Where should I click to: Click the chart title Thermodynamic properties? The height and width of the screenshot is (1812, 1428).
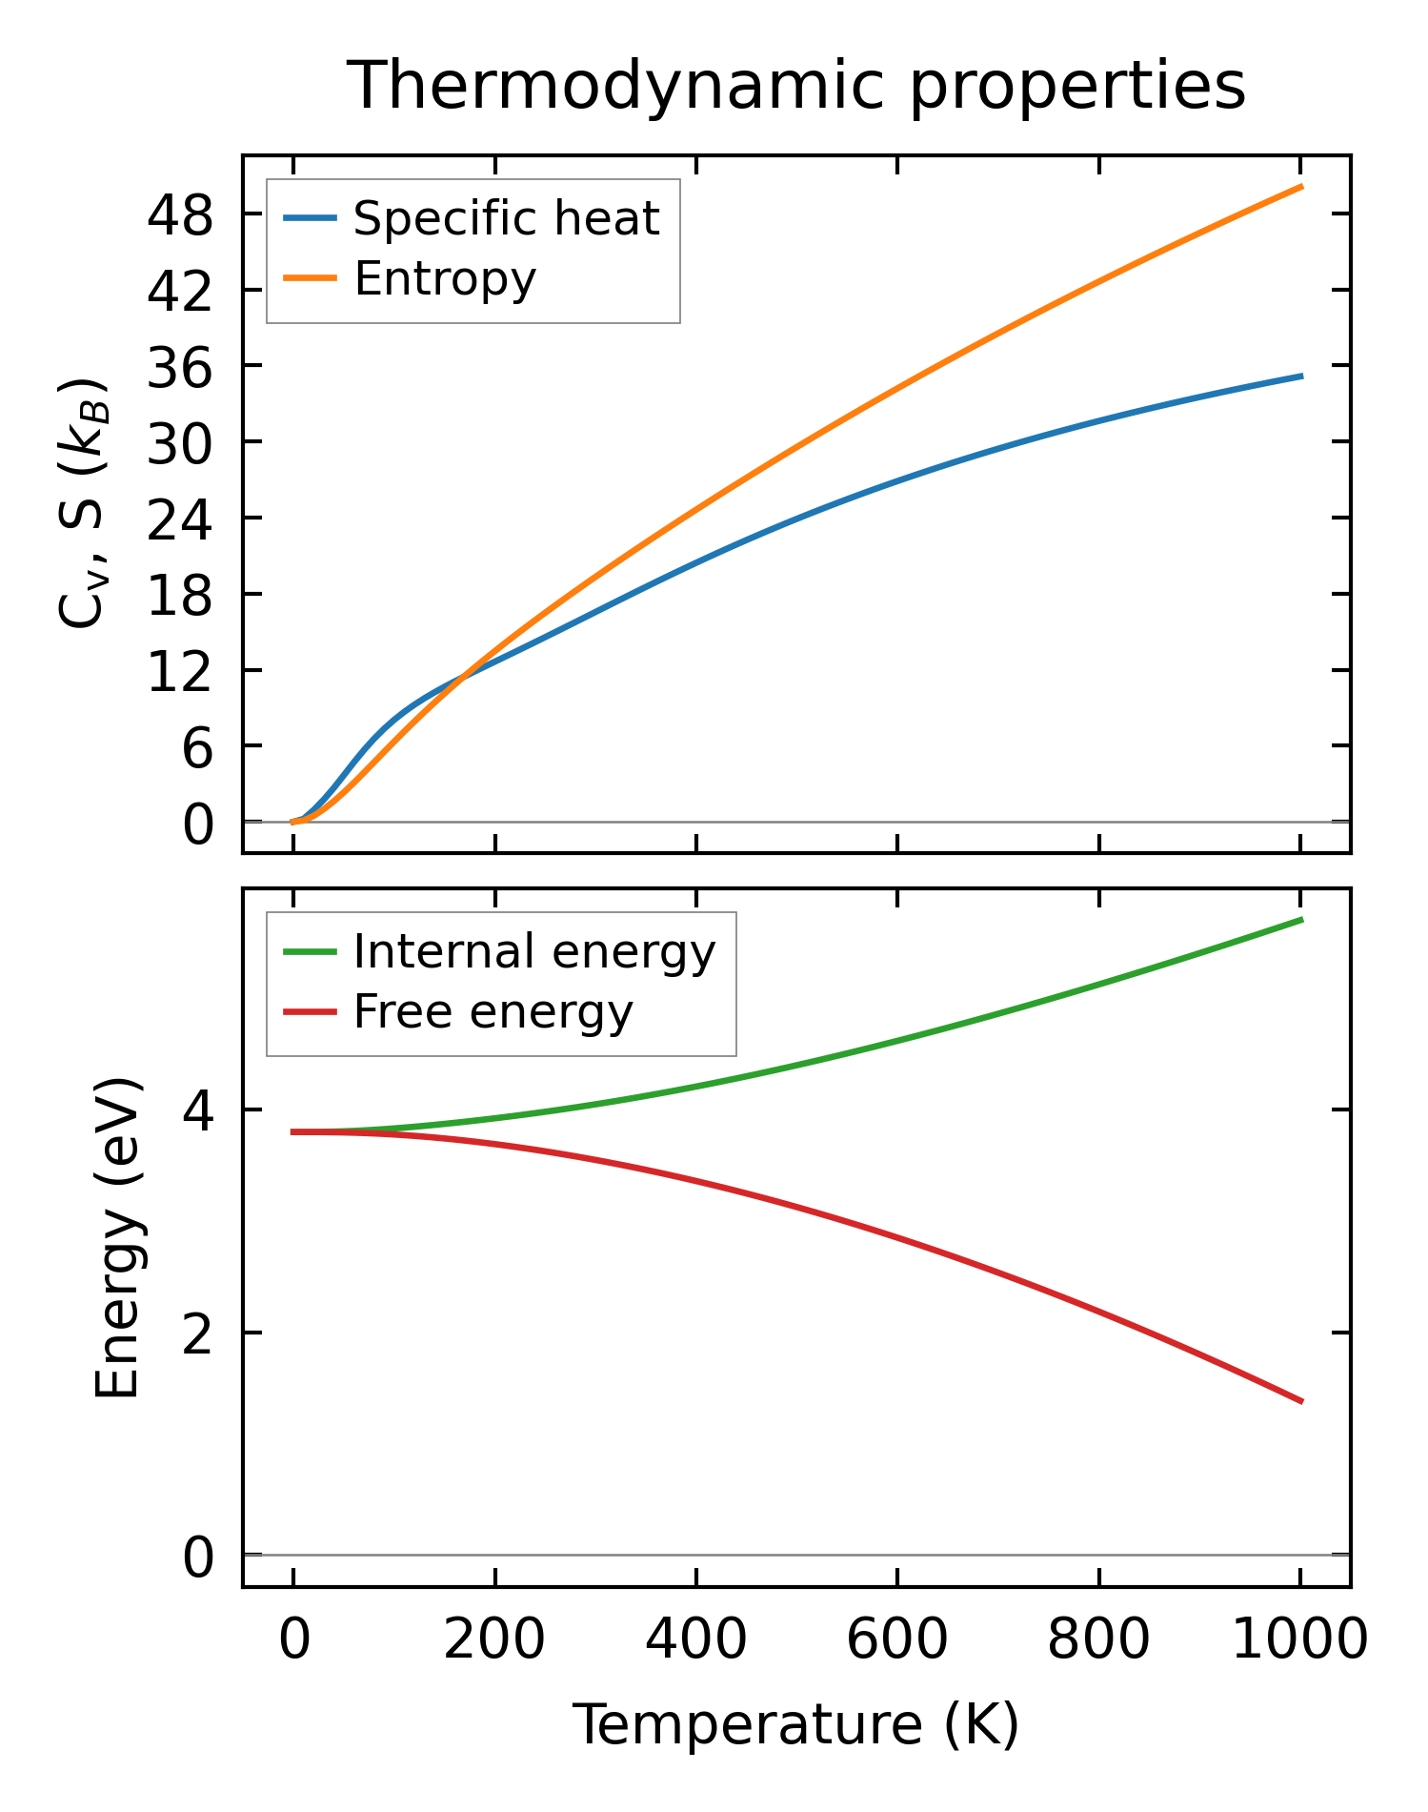coord(795,86)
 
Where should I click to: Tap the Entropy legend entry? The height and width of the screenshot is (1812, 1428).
coord(445,278)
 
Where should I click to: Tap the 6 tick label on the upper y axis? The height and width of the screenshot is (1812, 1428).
coord(197,749)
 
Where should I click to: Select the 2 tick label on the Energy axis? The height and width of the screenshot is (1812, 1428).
coord(197,1334)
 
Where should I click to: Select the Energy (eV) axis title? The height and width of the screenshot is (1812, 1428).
coord(118,1237)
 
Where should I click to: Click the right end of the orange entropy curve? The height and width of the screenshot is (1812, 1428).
coord(1300,187)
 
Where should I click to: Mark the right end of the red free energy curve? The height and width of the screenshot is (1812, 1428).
coord(1300,1401)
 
